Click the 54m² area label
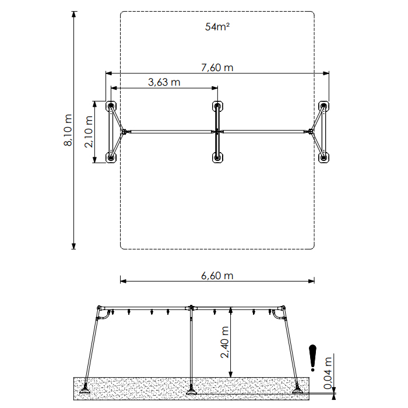pyautogui.click(x=217, y=27)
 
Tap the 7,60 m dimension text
pyautogui.click(x=217, y=68)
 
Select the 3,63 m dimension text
pyautogui.click(x=164, y=82)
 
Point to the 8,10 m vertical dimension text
pyautogui.click(x=68, y=130)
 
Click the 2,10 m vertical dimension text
pyautogui.click(x=89, y=132)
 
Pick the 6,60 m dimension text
pyautogui.click(x=217, y=276)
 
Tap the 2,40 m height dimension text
pyautogui.click(x=224, y=342)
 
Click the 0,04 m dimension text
pyautogui.click(x=328, y=373)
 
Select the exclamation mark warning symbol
pyautogui.click(x=312, y=358)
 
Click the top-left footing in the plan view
pyautogui.click(x=111, y=106)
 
